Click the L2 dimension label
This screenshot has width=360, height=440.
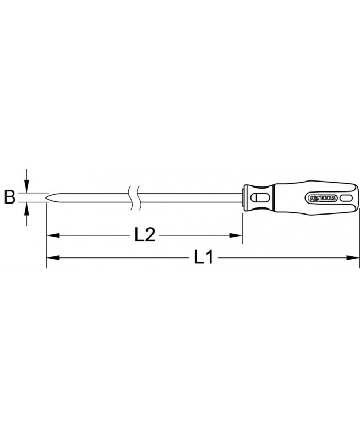coord(145,235)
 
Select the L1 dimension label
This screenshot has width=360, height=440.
coord(204,257)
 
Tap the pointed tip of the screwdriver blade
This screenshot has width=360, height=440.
coord(46,197)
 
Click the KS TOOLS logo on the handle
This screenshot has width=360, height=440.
coord(323,198)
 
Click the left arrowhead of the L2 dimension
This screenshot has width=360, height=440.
coord(53,235)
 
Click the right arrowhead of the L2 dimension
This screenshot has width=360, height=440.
coord(236,235)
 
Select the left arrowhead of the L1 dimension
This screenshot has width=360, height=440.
coord(53,257)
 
